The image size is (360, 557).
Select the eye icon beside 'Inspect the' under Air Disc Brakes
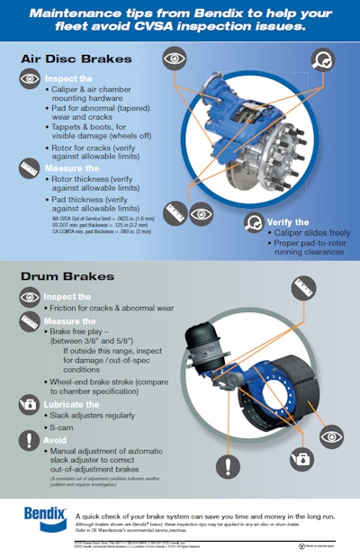point(30,79)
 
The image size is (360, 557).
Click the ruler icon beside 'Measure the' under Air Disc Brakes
point(30,167)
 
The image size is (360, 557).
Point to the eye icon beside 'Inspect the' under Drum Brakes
point(29,297)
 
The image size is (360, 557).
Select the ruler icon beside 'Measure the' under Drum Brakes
point(29,321)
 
